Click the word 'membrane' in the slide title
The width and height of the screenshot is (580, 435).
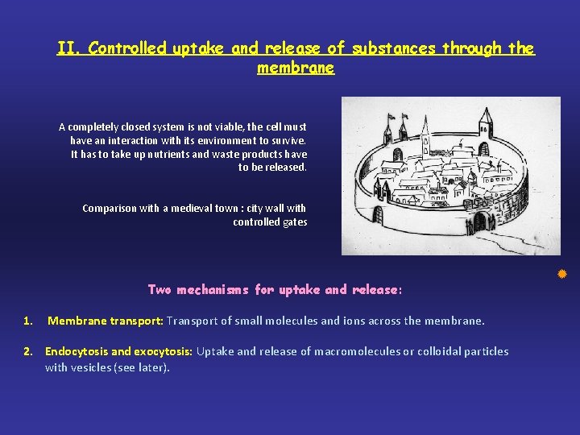[x=296, y=68]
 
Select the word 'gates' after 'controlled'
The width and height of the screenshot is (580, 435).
[x=294, y=222]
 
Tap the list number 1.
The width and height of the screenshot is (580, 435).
[x=27, y=321]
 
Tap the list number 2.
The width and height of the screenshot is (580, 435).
[x=27, y=351]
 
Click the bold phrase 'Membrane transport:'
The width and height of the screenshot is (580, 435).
[x=106, y=321]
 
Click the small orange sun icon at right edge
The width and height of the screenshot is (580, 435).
[x=563, y=275]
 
